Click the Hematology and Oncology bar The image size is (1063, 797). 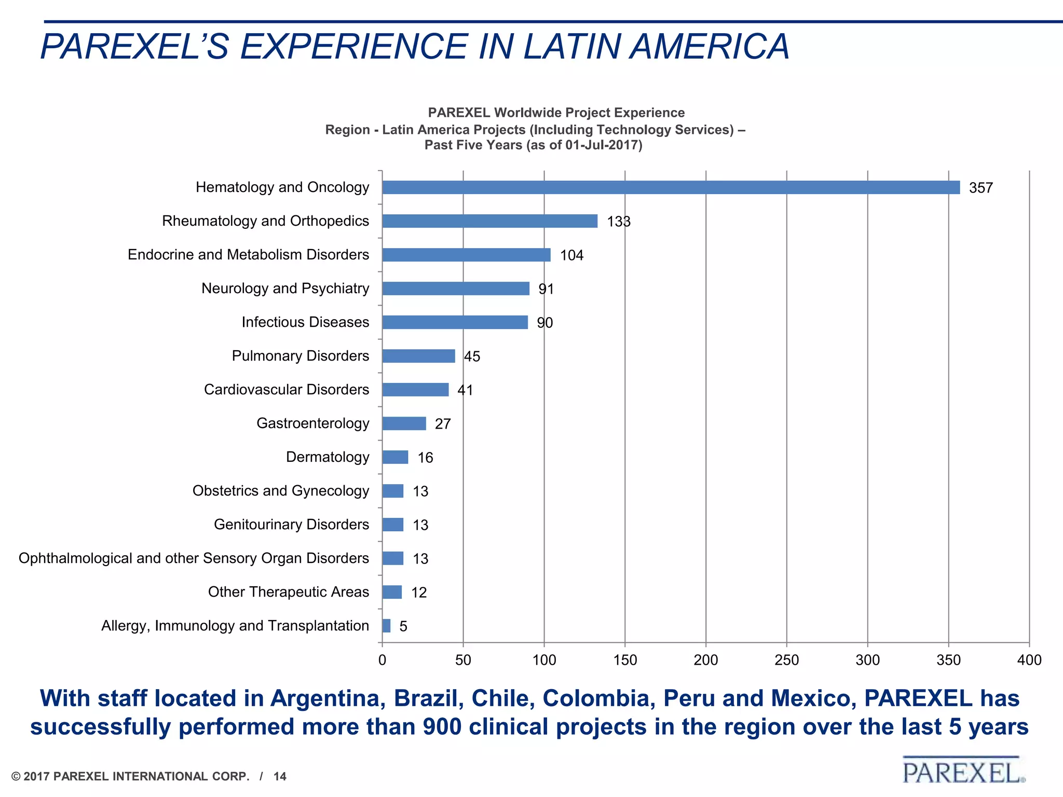point(671,187)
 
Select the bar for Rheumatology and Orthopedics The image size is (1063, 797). point(489,221)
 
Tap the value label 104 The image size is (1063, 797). point(571,255)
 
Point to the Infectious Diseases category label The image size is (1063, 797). point(305,322)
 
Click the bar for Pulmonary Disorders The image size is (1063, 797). point(418,356)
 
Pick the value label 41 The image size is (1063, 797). point(465,390)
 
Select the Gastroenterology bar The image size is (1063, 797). point(404,423)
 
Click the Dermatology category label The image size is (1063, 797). point(328,457)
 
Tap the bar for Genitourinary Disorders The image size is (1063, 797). point(392,525)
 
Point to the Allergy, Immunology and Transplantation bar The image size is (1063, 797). point(386,626)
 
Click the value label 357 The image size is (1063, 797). point(980,188)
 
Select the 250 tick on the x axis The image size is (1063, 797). point(786,660)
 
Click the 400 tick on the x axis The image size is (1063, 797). point(1029,660)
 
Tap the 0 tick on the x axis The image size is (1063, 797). point(383,660)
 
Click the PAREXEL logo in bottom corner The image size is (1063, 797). point(963,772)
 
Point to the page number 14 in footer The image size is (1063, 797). point(280,776)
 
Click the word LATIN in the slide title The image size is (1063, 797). point(571,47)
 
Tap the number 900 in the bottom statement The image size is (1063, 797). point(442,726)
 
